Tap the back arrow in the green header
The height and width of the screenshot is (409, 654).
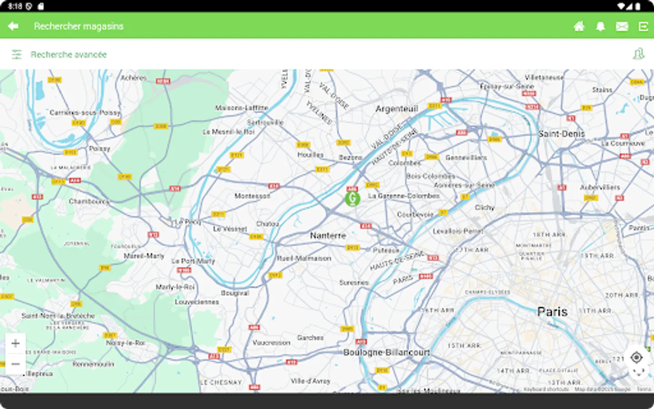[13, 26]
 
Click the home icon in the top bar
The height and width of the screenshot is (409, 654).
[579, 26]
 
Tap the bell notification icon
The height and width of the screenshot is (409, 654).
[600, 26]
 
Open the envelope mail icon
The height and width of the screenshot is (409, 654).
[622, 26]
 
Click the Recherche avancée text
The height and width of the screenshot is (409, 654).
[69, 55]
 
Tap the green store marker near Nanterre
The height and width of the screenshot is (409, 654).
[352, 199]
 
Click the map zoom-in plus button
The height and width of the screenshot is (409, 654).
[15, 343]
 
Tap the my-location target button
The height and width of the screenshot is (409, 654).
[637, 358]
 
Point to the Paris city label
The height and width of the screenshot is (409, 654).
[552, 312]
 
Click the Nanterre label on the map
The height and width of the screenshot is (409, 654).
[328, 235]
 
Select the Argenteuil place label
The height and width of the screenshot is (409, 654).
[396, 109]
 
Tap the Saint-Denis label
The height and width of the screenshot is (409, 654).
[561, 134]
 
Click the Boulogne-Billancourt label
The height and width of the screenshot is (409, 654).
[386, 352]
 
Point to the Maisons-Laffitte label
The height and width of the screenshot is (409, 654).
[242, 108]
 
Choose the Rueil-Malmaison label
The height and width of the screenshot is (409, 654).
[304, 258]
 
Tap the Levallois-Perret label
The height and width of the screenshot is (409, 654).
[458, 231]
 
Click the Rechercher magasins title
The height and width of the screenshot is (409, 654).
[79, 26]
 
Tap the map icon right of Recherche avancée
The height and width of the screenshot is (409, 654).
[639, 54]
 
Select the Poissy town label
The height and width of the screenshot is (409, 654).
[99, 148]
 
